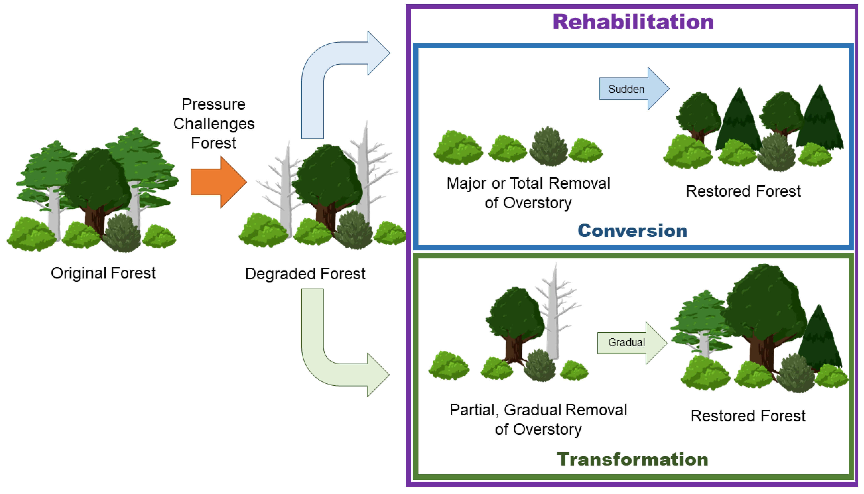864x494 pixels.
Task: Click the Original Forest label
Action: point(103,273)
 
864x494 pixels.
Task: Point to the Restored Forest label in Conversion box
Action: point(743,191)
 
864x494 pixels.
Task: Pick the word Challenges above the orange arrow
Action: point(214,123)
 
